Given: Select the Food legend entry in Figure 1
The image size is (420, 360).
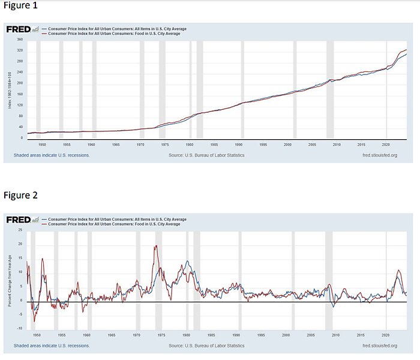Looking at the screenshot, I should point(113,34).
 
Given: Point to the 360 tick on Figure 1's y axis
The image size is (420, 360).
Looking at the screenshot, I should point(19,40).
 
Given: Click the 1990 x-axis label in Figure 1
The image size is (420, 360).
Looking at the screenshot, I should point(239,145).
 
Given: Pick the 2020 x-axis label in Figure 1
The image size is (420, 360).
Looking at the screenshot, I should point(386,145).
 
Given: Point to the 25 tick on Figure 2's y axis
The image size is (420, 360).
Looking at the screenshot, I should point(20,230).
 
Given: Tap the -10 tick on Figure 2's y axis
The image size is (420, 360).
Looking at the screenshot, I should point(20,328).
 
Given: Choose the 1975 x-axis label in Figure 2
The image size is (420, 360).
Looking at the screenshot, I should point(162,335).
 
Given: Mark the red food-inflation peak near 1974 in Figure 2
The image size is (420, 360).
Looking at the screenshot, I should point(155,245).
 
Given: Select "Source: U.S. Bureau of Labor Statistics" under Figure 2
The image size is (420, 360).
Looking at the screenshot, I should point(206,346).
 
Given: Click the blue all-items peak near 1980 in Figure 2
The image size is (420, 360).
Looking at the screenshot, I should point(187,261).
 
